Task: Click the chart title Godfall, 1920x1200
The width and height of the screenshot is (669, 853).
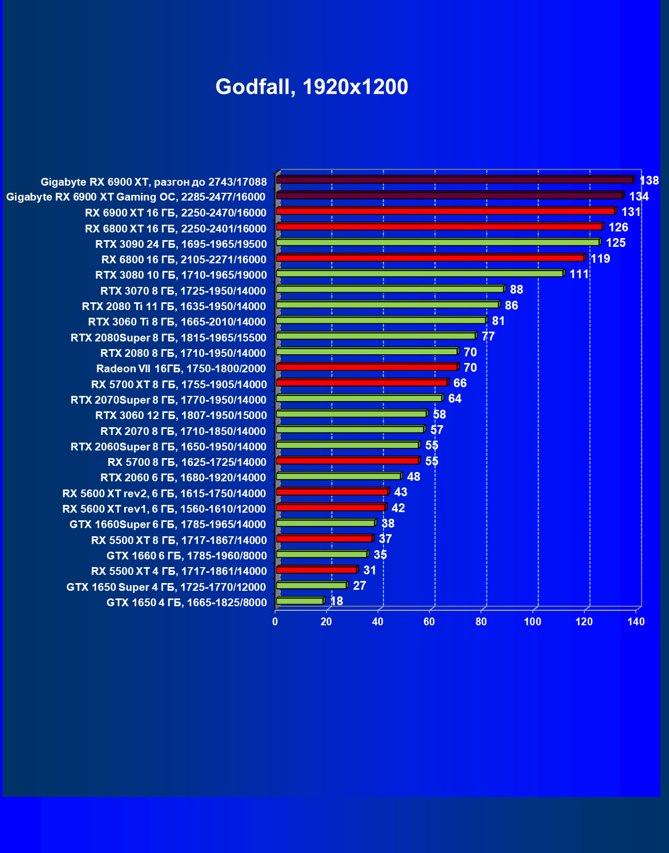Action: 311,87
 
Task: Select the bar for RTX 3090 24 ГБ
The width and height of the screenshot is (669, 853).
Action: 437,243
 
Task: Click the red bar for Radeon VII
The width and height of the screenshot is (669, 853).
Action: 366,367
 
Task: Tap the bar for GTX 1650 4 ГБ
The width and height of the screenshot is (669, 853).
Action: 300,601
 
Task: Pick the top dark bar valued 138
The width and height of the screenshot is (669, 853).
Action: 454,180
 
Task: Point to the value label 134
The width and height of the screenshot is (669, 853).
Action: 639,196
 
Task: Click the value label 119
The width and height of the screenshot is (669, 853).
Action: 600,259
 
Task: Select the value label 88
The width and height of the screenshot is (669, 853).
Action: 516,289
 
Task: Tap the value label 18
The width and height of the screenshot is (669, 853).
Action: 336,601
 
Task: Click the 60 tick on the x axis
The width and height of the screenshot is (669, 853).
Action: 429,622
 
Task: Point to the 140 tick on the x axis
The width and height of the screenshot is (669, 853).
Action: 636,622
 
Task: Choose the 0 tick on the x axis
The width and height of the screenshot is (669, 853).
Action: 275,622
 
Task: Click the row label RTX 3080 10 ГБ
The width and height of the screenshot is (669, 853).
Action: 181,275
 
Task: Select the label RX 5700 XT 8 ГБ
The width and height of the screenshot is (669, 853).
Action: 179,385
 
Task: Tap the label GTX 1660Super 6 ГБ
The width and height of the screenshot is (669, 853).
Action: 168,524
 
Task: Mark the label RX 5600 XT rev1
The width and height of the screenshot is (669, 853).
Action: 164,509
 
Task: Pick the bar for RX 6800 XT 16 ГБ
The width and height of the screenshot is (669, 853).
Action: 439,227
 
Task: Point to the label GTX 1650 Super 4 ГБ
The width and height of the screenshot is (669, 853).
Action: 166,587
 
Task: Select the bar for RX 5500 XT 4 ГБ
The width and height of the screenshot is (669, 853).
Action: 316,570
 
